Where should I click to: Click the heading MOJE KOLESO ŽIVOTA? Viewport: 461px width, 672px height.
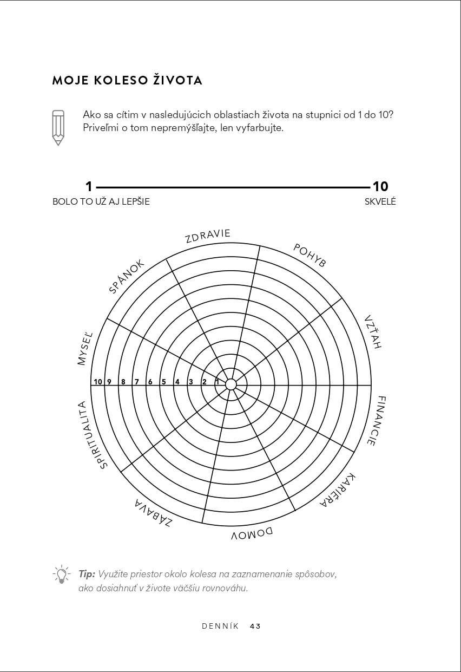point(127,81)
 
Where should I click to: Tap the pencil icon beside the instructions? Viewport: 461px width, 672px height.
point(58,127)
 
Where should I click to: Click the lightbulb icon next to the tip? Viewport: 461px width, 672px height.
point(61,573)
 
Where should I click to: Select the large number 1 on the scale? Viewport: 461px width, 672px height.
point(89,187)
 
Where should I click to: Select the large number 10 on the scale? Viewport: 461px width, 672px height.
point(380,187)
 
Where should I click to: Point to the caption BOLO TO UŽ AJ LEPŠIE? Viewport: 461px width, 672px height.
point(101,201)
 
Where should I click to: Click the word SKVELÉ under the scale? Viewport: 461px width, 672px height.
point(380,201)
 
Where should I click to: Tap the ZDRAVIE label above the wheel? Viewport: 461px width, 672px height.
point(208,236)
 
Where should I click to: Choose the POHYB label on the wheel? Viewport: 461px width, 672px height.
point(310,255)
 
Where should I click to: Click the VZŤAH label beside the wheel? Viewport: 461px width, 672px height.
point(373,331)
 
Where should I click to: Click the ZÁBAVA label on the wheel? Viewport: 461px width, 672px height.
point(154,514)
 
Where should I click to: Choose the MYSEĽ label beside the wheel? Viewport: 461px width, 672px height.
point(85,348)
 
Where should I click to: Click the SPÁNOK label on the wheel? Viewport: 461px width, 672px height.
point(127,276)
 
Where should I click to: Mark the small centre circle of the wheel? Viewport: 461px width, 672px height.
point(231,384)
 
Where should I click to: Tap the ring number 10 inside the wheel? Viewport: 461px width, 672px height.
point(98,382)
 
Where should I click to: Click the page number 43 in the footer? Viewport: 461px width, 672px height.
point(255,626)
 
